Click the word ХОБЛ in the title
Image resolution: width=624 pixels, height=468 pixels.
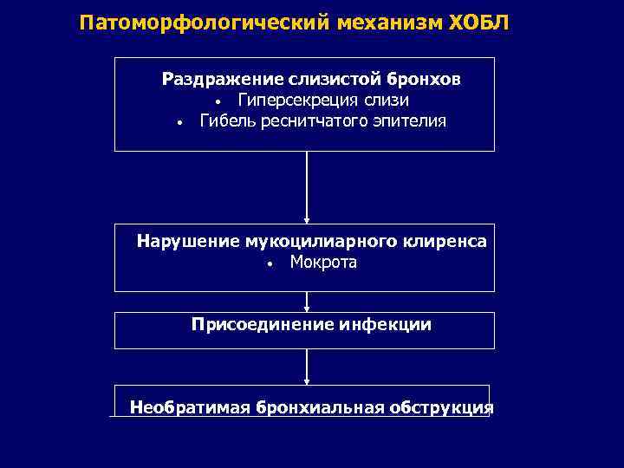point(479,22)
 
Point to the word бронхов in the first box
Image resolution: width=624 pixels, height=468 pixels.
point(424,80)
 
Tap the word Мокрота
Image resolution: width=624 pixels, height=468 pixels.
point(323,262)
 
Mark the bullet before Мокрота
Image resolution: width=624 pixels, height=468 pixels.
point(270,263)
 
